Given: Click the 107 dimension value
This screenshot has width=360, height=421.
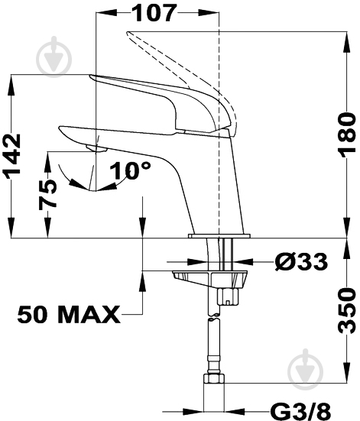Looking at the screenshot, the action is [155, 13].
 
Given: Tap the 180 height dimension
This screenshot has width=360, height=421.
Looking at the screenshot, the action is [347, 133].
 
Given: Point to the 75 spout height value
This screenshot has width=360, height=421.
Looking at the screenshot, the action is [47, 194].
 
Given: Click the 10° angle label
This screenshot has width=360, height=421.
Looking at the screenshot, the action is [131, 170].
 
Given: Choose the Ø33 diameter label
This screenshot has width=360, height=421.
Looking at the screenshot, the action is [301, 261].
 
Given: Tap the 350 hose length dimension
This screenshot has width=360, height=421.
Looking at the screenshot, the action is [347, 311].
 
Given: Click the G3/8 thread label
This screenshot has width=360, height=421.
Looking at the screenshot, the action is [300, 412].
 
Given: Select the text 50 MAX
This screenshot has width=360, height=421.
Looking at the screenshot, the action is [69, 314].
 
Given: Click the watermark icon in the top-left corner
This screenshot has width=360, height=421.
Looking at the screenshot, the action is [54, 57].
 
